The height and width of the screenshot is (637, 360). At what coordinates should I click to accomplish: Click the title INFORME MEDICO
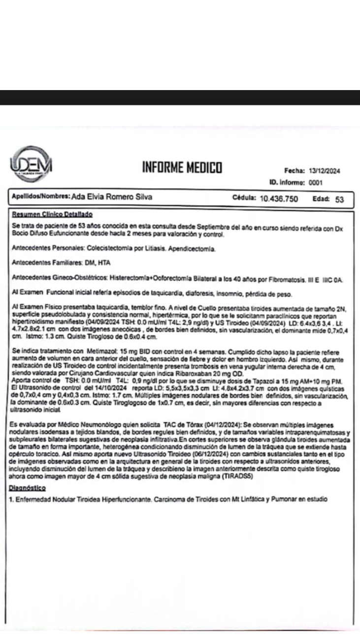point(182,168)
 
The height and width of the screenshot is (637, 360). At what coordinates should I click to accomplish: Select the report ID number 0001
point(315,182)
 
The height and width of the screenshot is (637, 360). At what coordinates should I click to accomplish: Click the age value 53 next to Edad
point(339,199)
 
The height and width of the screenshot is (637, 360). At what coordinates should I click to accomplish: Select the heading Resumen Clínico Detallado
point(52,215)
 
